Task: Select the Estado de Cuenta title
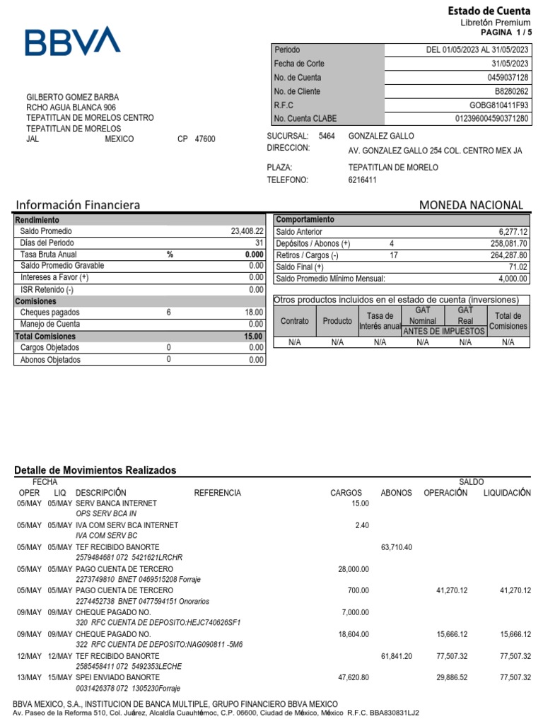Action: (x=489, y=11)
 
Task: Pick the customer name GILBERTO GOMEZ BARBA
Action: (x=73, y=97)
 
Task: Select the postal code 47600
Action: (x=205, y=139)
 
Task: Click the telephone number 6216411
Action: (x=363, y=180)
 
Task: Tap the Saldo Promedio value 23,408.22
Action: (x=246, y=231)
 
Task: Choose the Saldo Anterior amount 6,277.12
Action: (x=513, y=232)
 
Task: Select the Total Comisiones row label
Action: (x=45, y=337)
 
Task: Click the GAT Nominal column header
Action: (x=423, y=315)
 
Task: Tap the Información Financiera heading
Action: (x=78, y=205)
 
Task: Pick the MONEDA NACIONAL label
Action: (x=471, y=205)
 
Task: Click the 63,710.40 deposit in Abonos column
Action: (x=396, y=547)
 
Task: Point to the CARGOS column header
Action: (x=346, y=493)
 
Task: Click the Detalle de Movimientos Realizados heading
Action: (x=95, y=470)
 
